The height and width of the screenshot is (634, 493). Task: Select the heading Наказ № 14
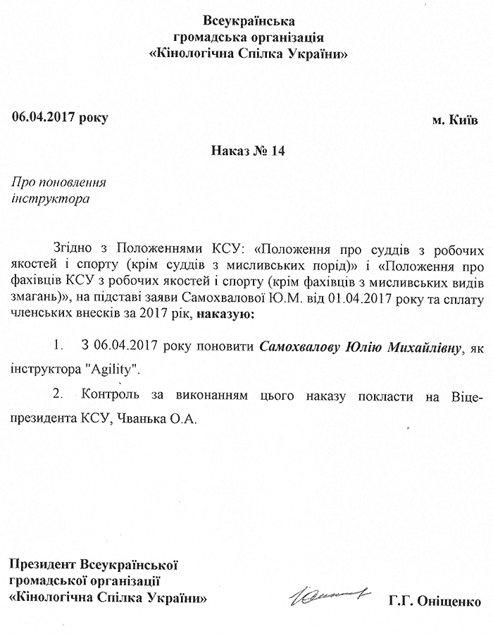click(x=246, y=150)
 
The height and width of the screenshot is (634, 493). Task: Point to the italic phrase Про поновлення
click(x=59, y=183)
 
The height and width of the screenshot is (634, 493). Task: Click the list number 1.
click(x=58, y=348)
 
